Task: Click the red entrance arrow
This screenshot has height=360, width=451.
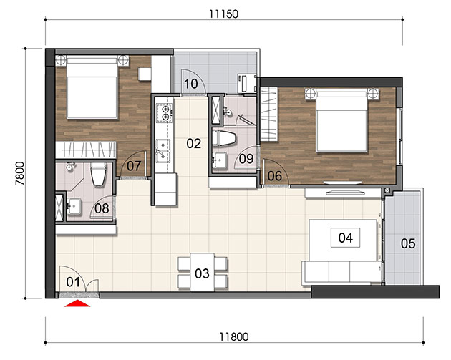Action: (x=77, y=303)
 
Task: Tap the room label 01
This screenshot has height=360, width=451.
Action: (x=73, y=282)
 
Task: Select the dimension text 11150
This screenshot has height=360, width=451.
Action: (x=224, y=14)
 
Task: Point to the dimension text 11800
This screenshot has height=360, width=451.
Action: (x=234, y=336)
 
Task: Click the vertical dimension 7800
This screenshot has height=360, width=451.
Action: (x=20, y=173)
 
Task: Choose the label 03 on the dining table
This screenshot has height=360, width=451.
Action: (x=202, y=273)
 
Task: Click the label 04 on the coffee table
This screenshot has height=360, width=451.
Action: (x=345, y=238)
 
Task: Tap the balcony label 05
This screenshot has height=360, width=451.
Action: (x=408, y=244)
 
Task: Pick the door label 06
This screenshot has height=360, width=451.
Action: (x=274, y=176)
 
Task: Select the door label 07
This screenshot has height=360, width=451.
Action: (x=134, y=166)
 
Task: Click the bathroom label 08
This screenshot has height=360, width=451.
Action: (x=102, y=208)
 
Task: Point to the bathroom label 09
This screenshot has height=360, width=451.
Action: (x=246, y=159)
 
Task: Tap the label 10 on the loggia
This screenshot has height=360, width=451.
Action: (x=190, y=84)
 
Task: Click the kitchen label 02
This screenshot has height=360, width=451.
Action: (x=193, y=143)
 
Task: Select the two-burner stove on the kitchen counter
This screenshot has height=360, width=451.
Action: (x=165, y=113)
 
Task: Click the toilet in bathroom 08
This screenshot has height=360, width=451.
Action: (x=98, y=175)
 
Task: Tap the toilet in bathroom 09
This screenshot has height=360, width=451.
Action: (x=224, y=138)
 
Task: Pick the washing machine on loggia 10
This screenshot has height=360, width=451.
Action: (x=247, y=84)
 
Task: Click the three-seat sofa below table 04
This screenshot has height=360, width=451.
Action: (x=342, y=272)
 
